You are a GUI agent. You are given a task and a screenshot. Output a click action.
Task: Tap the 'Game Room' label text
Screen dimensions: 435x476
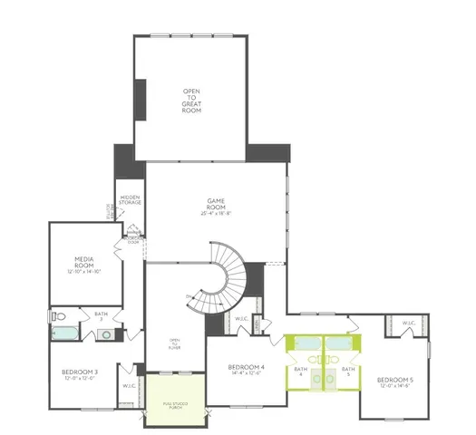coord(215,209)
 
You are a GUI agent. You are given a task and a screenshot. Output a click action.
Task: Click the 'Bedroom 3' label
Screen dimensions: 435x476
coord(80,374)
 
